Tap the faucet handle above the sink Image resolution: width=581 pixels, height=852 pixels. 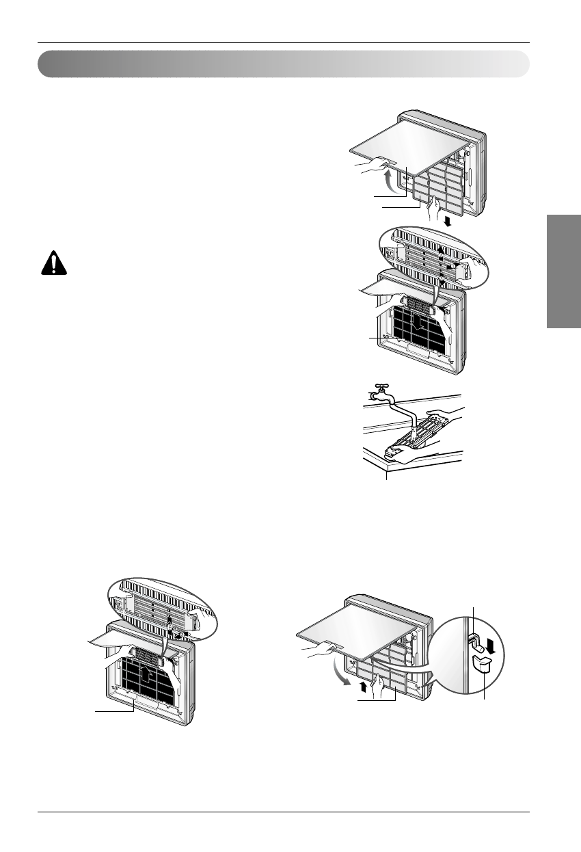point(377,386)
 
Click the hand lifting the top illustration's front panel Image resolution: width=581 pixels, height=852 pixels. point(372,165)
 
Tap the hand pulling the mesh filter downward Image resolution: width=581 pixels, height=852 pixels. point(431,209)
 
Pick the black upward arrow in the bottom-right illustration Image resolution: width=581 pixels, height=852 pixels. point(362,686)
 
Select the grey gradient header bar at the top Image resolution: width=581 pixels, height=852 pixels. point(284,64)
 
